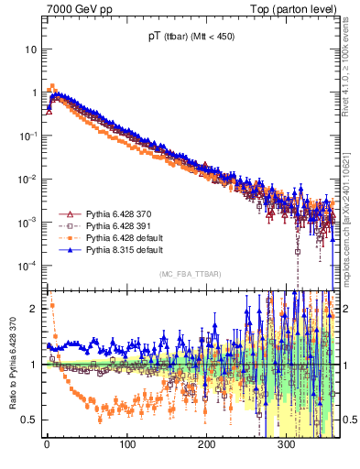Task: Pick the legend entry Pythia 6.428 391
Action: pyautogui.click(x=112, y=225)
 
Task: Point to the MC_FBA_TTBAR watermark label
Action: pyautogui.click(x=190, y=274)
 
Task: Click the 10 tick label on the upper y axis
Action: pyautogui.click(x=30, y=49)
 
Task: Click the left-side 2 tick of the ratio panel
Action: pyautogui.click(x=33, y=309)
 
